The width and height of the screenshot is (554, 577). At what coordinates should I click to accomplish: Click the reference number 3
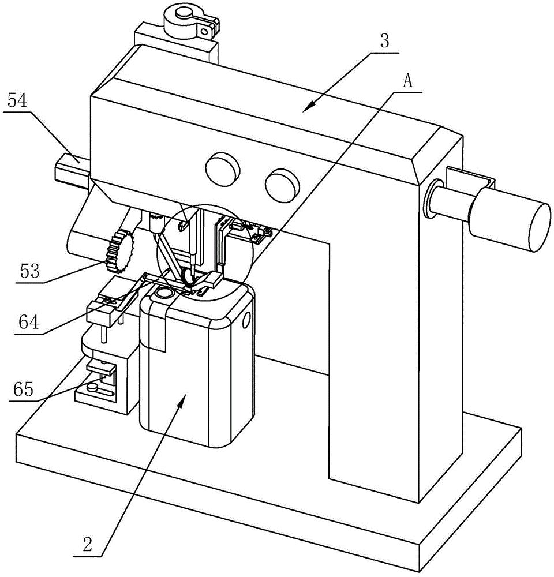pos(384,42)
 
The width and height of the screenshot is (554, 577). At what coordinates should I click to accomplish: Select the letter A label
pos(407,81)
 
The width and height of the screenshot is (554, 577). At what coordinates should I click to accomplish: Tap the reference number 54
pos(17,100)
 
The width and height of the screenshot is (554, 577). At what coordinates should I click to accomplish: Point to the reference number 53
pos(29,272)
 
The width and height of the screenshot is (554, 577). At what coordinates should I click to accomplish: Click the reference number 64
pos(29,323)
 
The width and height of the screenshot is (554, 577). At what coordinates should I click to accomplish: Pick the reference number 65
pos(23,389)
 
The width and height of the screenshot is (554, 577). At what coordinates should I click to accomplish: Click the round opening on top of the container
pos(164,293)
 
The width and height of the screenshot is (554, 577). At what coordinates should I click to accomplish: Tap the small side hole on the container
pos(246,320)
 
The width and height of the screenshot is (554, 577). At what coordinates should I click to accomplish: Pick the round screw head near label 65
pos(92,386)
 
